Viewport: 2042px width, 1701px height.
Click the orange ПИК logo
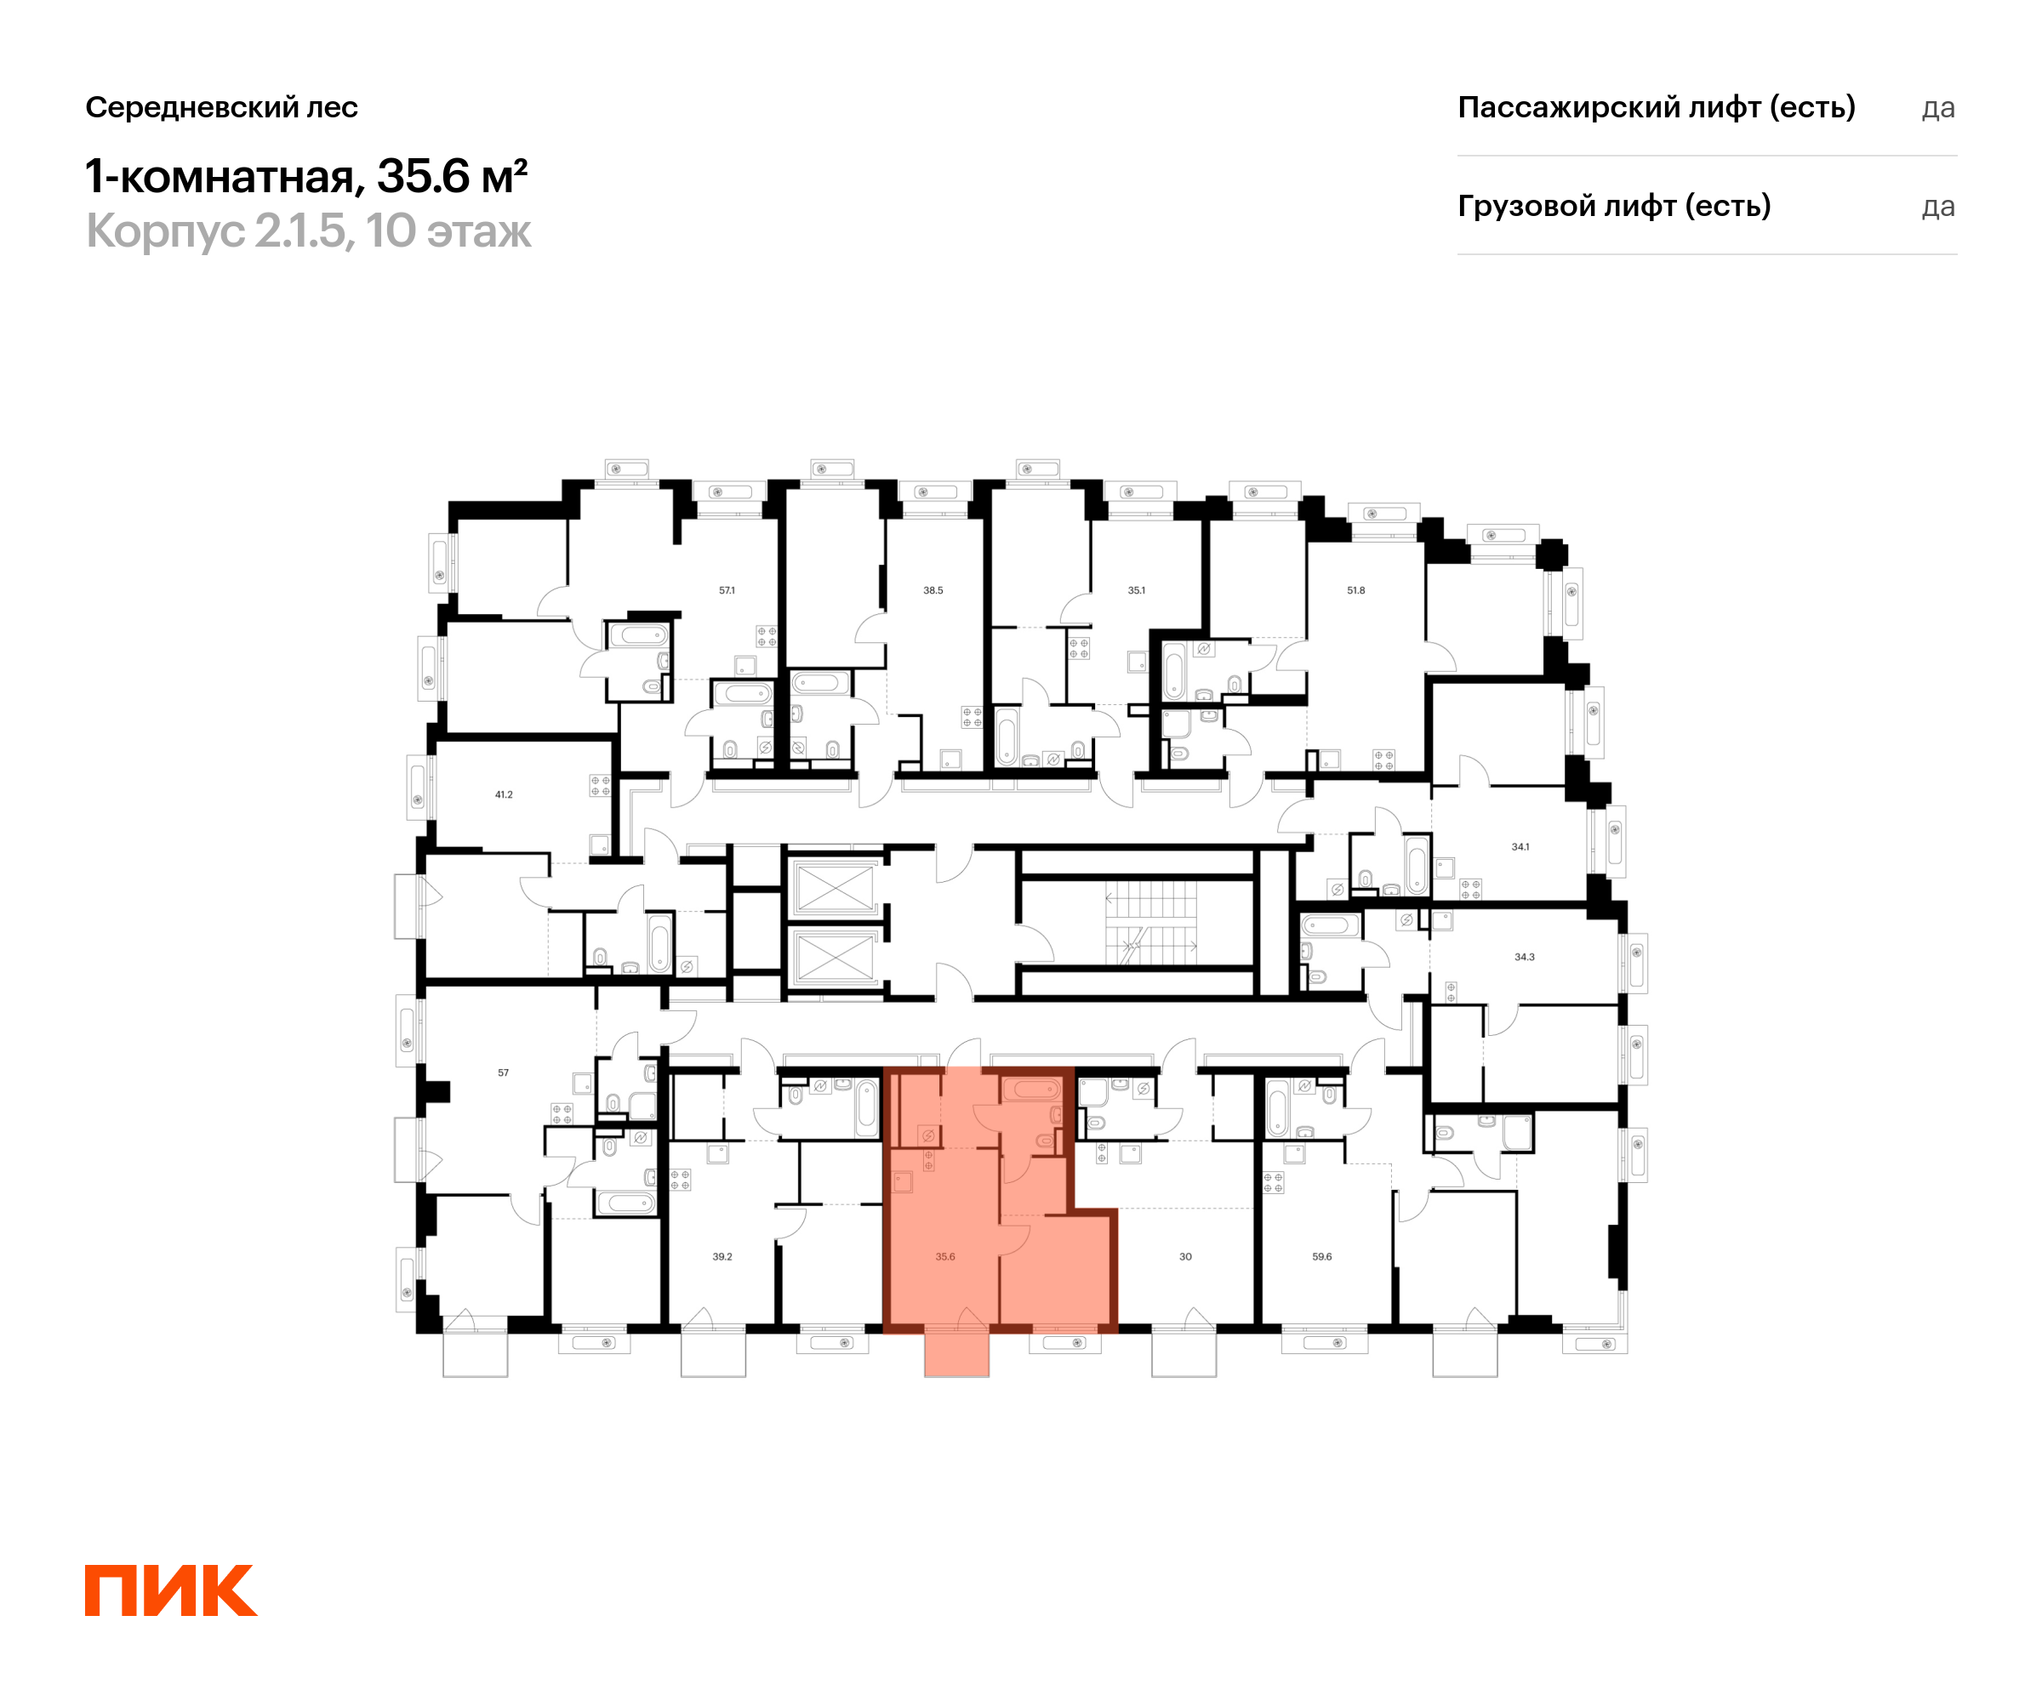click(x=171, y=1590)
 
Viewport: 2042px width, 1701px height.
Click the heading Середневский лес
click(x=222, y=107)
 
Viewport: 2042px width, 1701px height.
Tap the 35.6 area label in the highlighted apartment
click(x=945, y=1257)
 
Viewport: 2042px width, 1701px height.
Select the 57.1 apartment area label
click(x=727, y=590)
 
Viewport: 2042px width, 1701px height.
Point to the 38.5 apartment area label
click(x=933, y=590)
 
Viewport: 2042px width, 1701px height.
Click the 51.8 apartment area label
click(x=1356, y=590)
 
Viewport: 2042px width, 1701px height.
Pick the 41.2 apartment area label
click(x=504, y=794)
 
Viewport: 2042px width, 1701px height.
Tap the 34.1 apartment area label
click(x=1520, y=846)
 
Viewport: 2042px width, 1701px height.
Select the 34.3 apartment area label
click(x=1525, y=957)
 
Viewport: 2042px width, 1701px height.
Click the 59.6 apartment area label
click(x=1322, y=1257)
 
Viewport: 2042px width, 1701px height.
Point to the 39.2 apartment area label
click(x=722, y=1257)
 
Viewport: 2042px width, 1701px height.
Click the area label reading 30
click(x=1185, y=1257)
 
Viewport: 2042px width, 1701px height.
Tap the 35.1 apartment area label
click(x=1137, y=590)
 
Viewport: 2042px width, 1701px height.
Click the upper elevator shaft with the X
click(x=835, y=887)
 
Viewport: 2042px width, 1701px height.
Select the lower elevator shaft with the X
click(x=835, y=958)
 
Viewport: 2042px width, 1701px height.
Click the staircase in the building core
click(x=1151, y=923)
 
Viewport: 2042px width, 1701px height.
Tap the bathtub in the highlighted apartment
click(x=1032, y=1089)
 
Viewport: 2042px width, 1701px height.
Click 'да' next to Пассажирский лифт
click(x=1938, y=108)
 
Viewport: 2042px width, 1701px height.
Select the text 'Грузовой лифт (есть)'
click(x=1614, y=206)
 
